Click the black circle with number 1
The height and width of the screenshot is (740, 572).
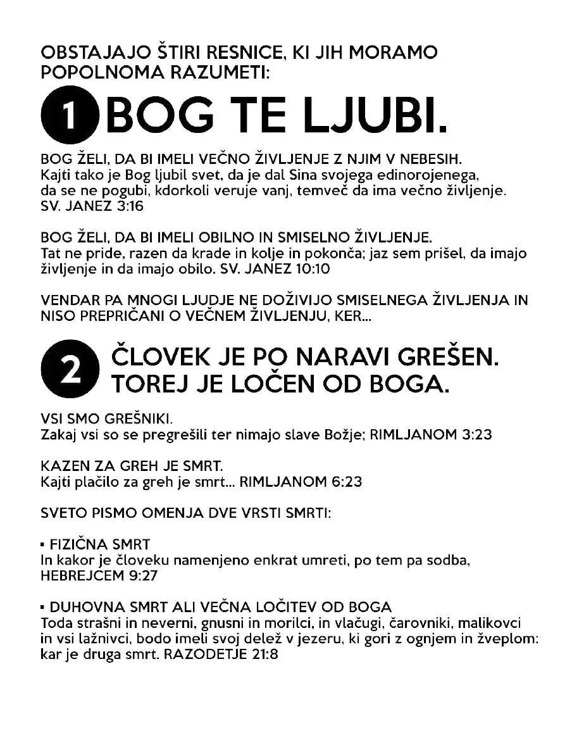point(70,118)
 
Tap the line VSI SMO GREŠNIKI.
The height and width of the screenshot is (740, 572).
point(107,419)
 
